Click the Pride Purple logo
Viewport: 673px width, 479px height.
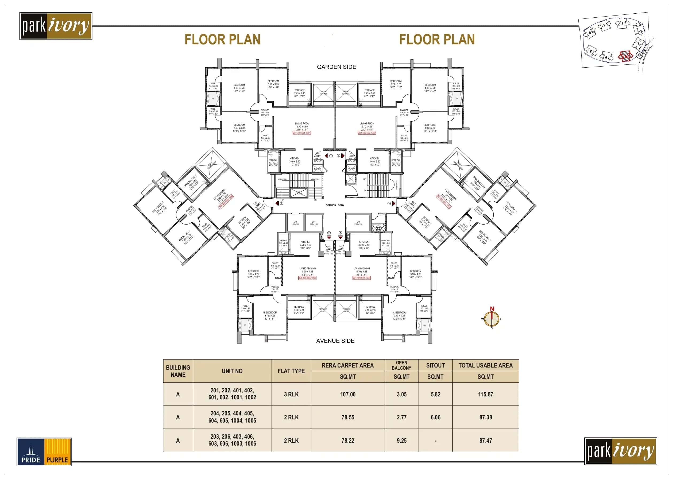click(44, 451)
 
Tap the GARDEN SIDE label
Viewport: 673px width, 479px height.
click(336, 67)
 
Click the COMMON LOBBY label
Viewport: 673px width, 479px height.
click(335, 205)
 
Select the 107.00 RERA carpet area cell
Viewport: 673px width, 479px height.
click(348, 394)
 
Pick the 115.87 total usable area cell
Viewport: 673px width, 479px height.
click(485, 394)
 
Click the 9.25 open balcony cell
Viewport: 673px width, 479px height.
click(401, 440)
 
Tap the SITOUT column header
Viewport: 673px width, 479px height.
click(435, 365)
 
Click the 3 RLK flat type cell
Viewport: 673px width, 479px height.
click(291, 394)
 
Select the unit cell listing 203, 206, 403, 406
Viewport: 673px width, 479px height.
click(232, 440)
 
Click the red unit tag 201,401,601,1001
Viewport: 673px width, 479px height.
click(301, 133)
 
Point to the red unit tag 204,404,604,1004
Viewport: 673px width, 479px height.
click(362, 278)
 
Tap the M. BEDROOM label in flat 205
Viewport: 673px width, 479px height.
click(270, 312)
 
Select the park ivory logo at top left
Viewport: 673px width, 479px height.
click(56, 26)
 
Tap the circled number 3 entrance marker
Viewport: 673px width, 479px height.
click(389, 203)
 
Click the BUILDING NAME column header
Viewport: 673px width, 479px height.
click(178, 371)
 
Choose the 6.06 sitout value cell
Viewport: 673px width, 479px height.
click(435, 417)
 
